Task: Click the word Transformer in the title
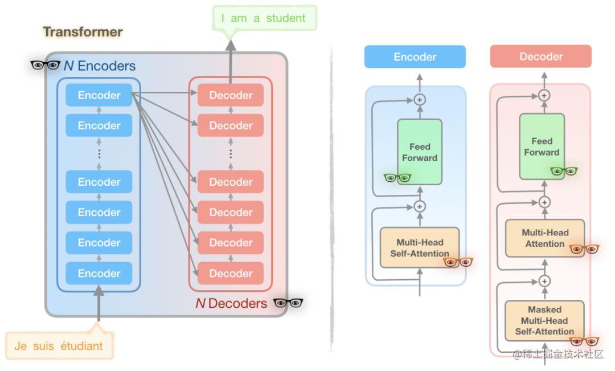coord(83,32)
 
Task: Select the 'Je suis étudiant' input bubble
coord(59,345)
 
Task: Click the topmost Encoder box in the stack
coord(99,95)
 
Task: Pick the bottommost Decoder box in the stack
coord(231,274)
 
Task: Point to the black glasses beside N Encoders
coord(45,65)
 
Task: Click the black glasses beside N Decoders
coord(288,303)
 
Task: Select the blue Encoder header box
coord(415,57)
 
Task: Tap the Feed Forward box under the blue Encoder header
coord(420,152)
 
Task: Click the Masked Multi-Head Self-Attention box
coord(544,320)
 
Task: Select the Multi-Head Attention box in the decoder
coord(545,238)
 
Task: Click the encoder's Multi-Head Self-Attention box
coord(420,247)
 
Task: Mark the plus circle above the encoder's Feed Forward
coord(420,99)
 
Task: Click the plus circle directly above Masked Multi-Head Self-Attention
coord(544,281)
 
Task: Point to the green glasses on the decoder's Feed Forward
coord(564,171)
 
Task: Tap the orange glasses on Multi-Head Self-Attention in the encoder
coord(458,262)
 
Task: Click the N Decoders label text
coord(231,303)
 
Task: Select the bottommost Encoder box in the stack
coord(99,274)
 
